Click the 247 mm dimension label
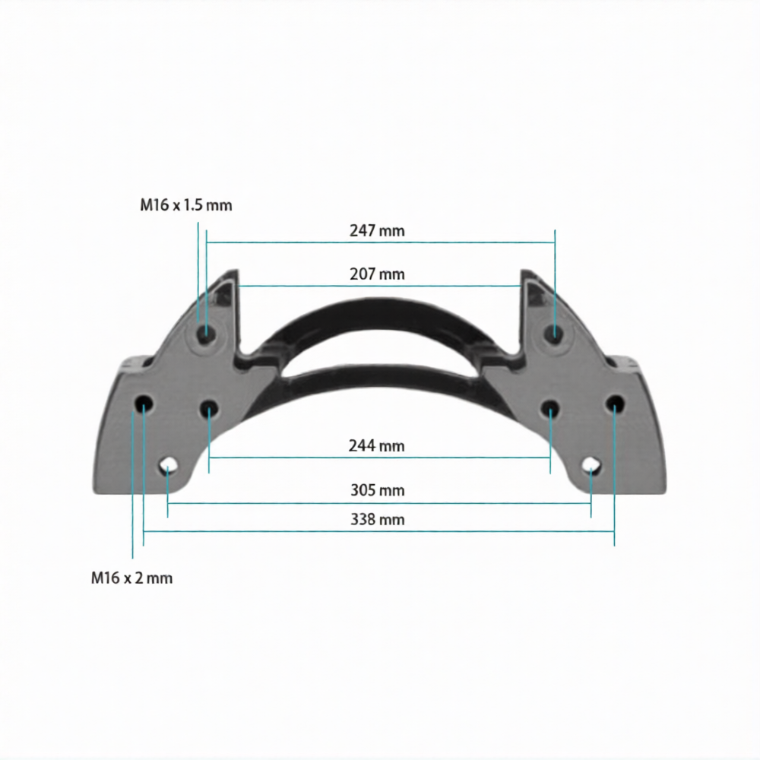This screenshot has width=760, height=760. tap(377, 231)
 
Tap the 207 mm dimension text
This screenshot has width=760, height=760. tap(377, 274)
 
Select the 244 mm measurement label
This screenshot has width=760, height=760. tap(377, 445)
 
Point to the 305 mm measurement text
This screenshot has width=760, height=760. tap(378, 490)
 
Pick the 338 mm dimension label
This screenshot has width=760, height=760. tap(378, 520)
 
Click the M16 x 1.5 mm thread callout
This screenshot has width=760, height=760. tap(186, 205)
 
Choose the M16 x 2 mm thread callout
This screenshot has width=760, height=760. tap(131, 578)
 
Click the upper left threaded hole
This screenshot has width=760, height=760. tap(207, 333)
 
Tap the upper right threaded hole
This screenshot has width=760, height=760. tap(555, 333)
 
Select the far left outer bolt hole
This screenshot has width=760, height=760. tap(144, 404)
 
